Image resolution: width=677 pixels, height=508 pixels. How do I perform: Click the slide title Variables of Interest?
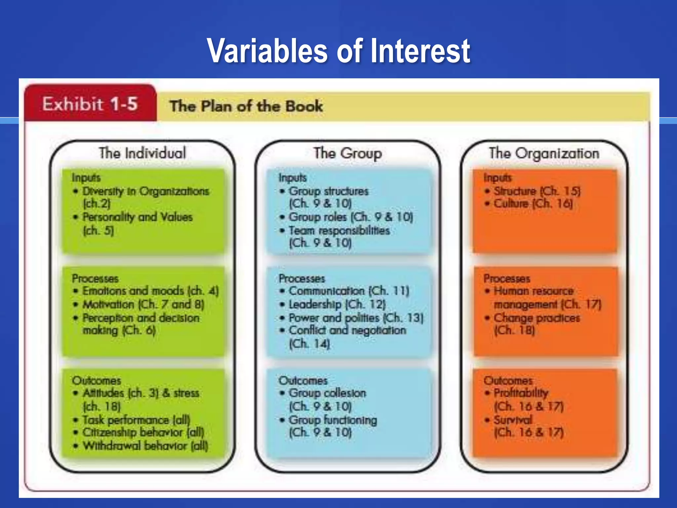tap(338, 51)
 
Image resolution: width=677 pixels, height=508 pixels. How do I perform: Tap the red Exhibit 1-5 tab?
tap(90, 104)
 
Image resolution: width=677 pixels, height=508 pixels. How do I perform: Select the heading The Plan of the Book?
tap(246, 106)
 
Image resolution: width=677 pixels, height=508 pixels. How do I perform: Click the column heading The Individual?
tap(142, 153)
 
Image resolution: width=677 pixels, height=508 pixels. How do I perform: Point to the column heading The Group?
tap(347, 153)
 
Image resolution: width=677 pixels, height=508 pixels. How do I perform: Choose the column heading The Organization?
tap(544, 153)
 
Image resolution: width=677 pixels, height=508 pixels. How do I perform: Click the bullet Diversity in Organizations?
tap(145, 191)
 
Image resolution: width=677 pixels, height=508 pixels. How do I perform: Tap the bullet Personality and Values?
tap(137, 217)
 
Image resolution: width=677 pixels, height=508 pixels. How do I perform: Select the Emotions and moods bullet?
tap(150, 291)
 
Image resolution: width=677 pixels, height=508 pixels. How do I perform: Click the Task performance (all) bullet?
tap(136, 420)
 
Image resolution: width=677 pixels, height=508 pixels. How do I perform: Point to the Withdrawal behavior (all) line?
tap(145, 446)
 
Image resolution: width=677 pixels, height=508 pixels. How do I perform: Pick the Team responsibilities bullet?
tap(339, 231)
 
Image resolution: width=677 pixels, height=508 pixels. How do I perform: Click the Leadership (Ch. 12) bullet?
tap(337, 304)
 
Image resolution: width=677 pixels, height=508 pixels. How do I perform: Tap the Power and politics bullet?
tap(356, 318)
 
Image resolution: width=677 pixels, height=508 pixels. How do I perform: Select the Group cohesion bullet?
tap(327, 393)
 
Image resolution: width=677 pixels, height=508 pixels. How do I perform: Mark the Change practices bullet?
tap(537, 318)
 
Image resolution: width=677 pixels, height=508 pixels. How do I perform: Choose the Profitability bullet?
tap(521, 393)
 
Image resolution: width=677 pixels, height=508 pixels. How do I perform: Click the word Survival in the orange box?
tap(513, 420)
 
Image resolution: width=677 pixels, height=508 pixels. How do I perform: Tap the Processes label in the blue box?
tap(302, 278)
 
